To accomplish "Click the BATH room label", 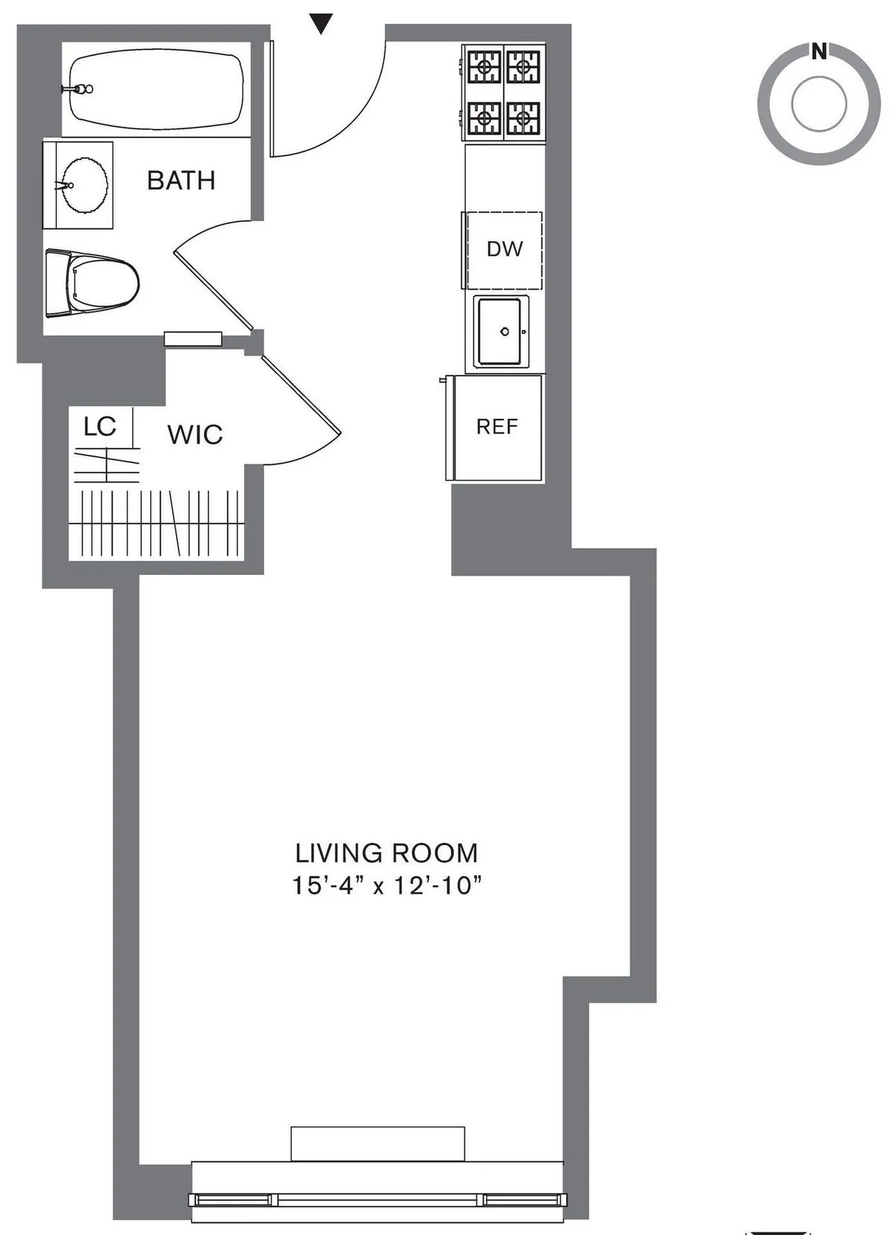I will pyautogui.click(x=181, y=181).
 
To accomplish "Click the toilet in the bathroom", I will pyautogui.click(x=93, y=283).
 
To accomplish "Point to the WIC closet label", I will pyautogui.click(x=195, y=435).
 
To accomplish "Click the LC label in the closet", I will pyautogui.click(x=100, y=426).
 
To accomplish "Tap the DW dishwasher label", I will pyautogui.click(x=505, y=249).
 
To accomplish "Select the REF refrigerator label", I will pyautogui.click(x=497, y=426).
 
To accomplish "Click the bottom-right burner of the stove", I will pyautogui.click(x=524, y=116).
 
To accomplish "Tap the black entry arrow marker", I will pyautogui.click(x=320, y=25).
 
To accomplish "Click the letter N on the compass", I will pyautogui.click(x=819, y=52).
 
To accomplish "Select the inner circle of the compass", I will pyautogui.click(x=819, y=105).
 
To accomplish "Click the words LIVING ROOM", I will pyautogui.click(x=386, y=853).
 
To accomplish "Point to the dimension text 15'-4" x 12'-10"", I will pyautogui.click(x=386, y=886).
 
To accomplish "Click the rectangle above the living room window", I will pyautogui.click(x=377, y=1143).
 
